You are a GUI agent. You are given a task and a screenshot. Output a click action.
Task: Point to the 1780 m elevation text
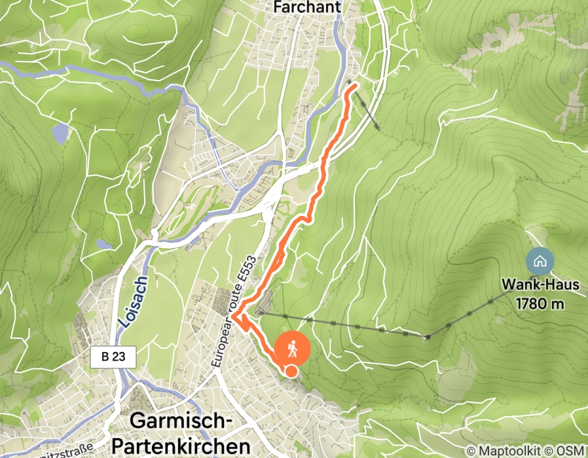click(x=540, y=304)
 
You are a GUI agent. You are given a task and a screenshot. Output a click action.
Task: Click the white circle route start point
click(x=291, y=372)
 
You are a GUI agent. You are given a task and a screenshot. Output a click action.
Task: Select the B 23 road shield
click(x=113, y=357)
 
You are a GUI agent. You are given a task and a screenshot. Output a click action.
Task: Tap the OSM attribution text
click(x=568, y=451)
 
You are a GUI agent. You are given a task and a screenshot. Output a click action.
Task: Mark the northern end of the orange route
click(x=354, y=85)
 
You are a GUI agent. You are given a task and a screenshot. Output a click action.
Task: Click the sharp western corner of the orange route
click(x=233, y=317)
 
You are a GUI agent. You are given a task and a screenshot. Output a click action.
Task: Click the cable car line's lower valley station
click(x=261, y=313)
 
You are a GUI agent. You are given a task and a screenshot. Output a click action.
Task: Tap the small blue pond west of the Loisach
click(x=103, y=244)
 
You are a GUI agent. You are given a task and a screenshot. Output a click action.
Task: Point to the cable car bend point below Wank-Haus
click(x=427, y=337)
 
